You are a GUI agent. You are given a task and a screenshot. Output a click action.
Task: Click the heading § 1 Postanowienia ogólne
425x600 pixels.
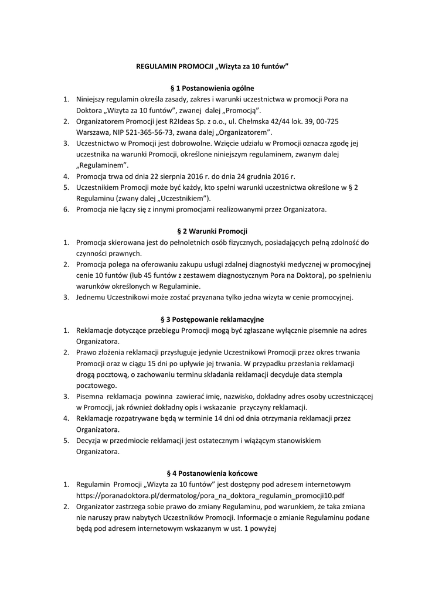pos(212,87)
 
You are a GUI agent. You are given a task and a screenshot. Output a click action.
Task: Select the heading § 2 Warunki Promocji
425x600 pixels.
pos(212,231)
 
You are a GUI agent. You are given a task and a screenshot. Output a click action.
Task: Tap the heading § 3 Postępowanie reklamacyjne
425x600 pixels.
pos(212,319)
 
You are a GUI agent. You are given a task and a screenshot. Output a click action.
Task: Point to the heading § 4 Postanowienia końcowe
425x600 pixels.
pos(212,473)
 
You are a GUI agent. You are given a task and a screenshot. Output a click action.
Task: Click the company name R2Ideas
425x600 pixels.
pos(167,121)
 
